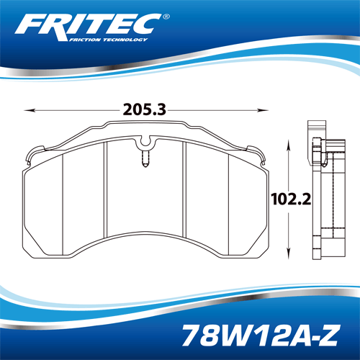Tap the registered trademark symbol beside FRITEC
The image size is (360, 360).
pos(166,17)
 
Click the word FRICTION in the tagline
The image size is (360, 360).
pos(85,40)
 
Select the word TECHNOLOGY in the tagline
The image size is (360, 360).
pos(125,40)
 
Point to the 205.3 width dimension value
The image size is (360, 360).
pos(145,109)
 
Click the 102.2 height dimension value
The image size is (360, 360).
pos(291,199)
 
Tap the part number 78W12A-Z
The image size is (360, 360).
pos(260,336)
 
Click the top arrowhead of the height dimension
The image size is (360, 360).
pos(289,145)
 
